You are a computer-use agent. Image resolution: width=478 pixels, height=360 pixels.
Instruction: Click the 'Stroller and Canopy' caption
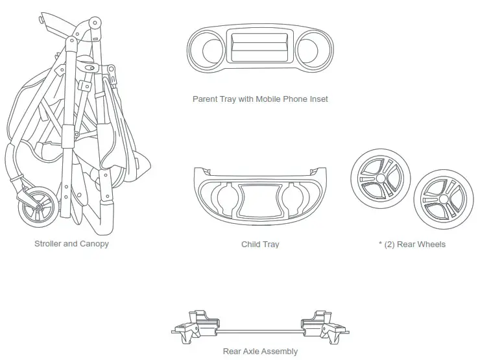(x=71, y=244)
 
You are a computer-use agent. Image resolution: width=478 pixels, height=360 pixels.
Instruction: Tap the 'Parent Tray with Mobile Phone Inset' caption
(x=260, y=99)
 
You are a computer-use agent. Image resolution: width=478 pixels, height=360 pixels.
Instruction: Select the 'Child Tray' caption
(x=260, y=245)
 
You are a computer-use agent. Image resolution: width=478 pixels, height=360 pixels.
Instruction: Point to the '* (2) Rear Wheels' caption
(x=412, y=245)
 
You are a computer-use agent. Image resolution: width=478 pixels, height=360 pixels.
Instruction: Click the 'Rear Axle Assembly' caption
(x=260, y=351)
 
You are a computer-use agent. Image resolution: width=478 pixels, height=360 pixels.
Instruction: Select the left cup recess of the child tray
(x=222, y=197)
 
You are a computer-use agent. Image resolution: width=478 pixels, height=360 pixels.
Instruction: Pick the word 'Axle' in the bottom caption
(x=257, y=351)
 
